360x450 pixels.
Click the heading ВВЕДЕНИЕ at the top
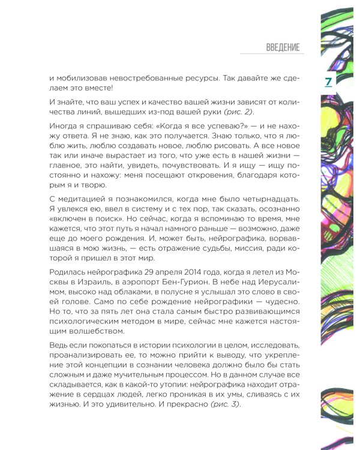[282, 47]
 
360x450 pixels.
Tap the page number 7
[328, 81]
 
